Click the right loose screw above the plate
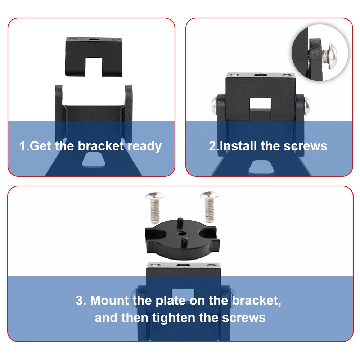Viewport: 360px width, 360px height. tap(209, 207)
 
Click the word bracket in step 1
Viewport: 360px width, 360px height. tap(101, 146)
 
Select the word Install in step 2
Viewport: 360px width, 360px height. tap(238, 146)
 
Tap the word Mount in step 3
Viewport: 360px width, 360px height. tap(109, 300)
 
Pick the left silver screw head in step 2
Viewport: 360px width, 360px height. tap(215, 105)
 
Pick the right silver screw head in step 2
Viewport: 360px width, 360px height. tap(307, 105)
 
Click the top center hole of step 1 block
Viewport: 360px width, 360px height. tap(94, 39)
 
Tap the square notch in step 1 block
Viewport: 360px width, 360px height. tap(94, 67)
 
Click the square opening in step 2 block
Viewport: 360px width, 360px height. tap(260, 103)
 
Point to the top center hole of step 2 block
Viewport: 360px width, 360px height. tap(260, 75)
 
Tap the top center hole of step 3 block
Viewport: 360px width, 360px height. tap(182, 265)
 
